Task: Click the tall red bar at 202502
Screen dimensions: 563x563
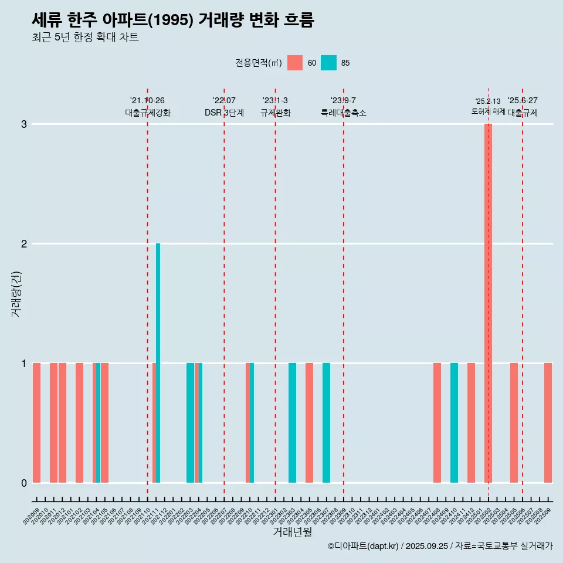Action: pyautogui.click(x=488, y=303)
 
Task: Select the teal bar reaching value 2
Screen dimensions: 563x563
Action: pyautogui.click(x=158, y=362)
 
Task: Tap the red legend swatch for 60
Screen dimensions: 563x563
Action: pyautogui.click(x=295, y=63)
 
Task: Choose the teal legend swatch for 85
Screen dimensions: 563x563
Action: pyautogui.click(x=329, y=63)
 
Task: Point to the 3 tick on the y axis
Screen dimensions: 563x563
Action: pyautogui.click(x=24, y=124)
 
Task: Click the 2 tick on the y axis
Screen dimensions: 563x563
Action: pyautogui.click(x=24, y=244)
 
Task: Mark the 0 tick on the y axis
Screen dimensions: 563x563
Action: pyautogui.click(x=24, y=483)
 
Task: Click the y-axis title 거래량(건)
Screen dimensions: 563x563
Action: pyautogui.click(x=16, y=293)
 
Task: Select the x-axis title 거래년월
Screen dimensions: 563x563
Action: pyautogui.click(x=292, y=532)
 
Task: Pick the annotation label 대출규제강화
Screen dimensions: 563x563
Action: pyautogui.click(x=148, y=113)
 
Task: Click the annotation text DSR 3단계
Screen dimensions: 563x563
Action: pyautogui.click(x=224, y=113)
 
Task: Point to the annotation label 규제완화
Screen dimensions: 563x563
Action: pyautogui.click(x=276, y=113)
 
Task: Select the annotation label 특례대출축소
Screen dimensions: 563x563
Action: pyautogui.click(x=344, y=113)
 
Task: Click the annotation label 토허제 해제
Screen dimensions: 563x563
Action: pyautogui.click(x=488, y=111)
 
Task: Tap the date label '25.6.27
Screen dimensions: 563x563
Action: pyautogui.click(x=523, y=101)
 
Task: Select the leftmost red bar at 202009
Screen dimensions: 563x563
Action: pyautogui.click(x=36, y=422)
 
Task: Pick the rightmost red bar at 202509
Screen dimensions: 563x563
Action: pyautogui.click(x=548, y=422)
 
